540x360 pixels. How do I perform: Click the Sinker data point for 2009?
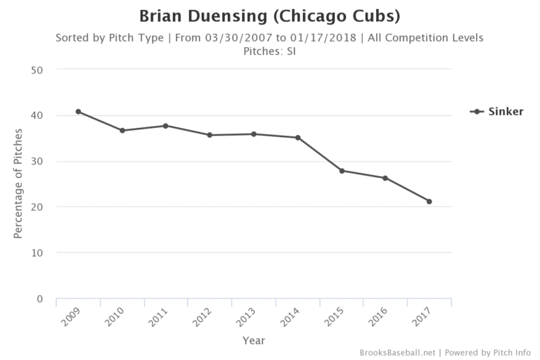click(x=78, y=112)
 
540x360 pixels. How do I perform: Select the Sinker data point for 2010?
click(x=122, y=130)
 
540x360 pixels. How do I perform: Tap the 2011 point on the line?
click(x=166, y=126)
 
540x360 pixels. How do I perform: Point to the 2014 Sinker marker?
click(x=297, y=138)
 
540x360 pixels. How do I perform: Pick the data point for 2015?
click(x=342, y=171)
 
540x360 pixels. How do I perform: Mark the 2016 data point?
click(x=385, y=178)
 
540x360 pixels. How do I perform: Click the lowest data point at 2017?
click(x=429, y=202)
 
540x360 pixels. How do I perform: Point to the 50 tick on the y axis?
click(x=37, y=70)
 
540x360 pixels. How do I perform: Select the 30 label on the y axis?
click(x=37, y=162)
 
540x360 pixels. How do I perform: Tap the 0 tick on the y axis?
click(x=40, y=299)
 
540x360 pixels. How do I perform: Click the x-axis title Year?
click(x=253, y=340)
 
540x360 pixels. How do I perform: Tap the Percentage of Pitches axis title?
click(x=18, y=184)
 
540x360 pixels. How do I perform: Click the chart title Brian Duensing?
click(x=270, y=15)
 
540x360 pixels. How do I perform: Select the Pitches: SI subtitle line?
click(x=269, y=51)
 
